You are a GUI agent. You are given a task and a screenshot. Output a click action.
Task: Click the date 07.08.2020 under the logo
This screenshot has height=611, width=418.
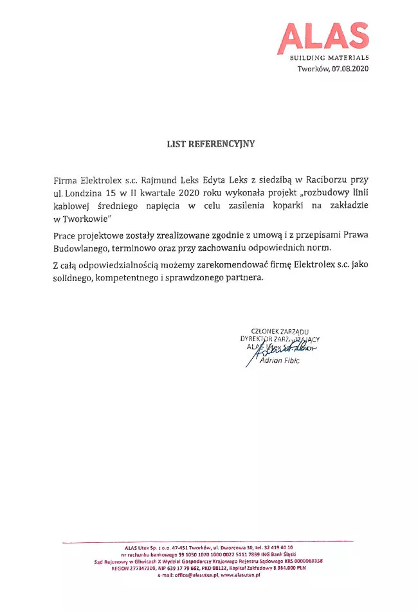(x=350, y=69)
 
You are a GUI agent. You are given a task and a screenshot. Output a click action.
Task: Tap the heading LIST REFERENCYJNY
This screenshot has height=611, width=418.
(x=210, y=144)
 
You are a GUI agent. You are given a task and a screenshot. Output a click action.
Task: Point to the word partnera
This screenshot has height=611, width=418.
(x=242, y=278)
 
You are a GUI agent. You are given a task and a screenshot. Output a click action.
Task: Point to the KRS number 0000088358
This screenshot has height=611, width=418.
(x=304, y=561)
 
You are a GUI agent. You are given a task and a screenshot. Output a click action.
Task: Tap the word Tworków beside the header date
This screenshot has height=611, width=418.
(x=313, y=69)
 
